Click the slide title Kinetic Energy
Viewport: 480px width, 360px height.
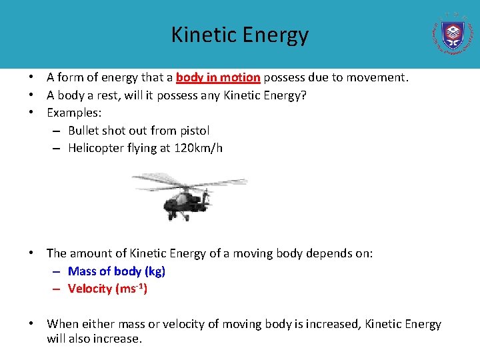click(x=240, y=35)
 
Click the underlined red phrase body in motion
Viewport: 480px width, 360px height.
click(x=218, y=77)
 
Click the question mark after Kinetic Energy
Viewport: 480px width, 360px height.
click(x=304, y=95)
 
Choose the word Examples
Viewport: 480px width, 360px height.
click(x=73, y=113)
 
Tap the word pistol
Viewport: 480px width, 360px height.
click(x=193, y=131)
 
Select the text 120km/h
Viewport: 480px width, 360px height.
click(x=198, y=148)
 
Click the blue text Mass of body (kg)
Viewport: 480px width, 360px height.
click(x=117, y=271)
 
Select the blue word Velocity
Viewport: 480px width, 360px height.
click(x=90, y=289)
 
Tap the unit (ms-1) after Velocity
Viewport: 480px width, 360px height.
click(x=131, y=289)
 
